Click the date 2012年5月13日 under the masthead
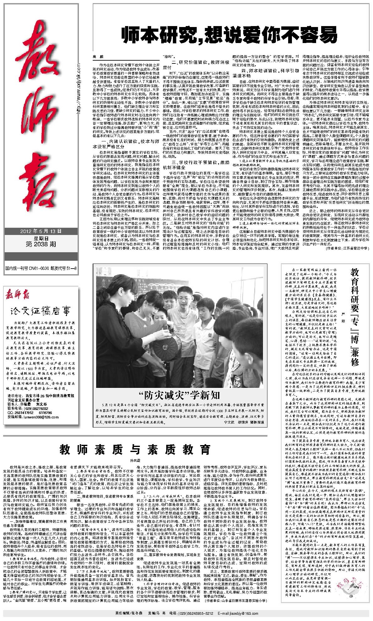pyautogui.click(x=41, y=231)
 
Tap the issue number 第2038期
pyautogui.click(x=41, y=244)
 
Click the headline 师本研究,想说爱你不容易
pyautogui.click(x=229, y=35)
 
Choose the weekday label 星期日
pyautogui.click(x=41, y=238)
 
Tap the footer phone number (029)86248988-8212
pyautogui.click(x=196, y=613)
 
